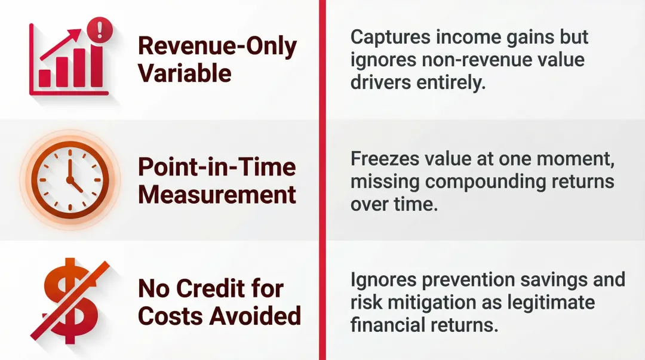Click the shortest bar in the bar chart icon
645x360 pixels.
[45, 78]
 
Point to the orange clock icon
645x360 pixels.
[70, 179]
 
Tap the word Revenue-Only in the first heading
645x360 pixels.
[217, 47]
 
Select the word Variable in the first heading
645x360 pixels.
[185, 73]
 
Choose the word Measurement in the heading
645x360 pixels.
[217, 194]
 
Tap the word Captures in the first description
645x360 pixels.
[386, 37]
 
